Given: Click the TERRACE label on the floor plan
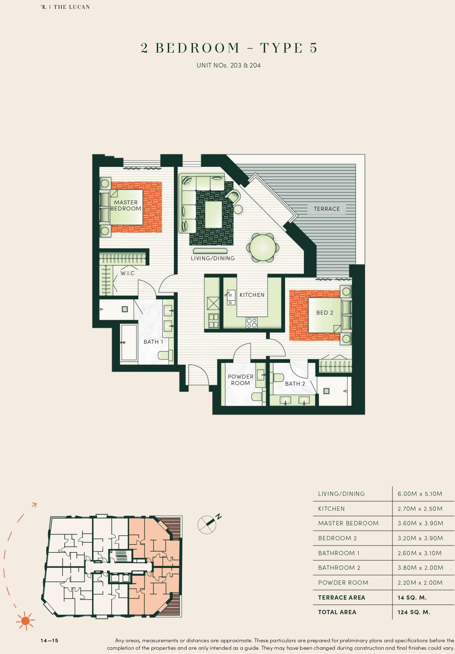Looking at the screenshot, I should [x=327, y=209].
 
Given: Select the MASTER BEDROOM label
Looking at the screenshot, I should [x=126, y=205].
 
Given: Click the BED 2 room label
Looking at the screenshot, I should [x=325, y=313].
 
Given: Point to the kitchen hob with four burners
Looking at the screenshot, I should [x=252, y=323].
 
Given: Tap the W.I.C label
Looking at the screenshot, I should [x=127, y=273].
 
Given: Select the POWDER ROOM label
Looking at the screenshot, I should [x=241, y=380].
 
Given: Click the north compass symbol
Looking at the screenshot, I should [x=207, y=524].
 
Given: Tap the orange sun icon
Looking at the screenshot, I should [x=25, y=621].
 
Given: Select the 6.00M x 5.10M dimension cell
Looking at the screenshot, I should [x=420, y=494].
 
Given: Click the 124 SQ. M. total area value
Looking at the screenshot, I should [x=414, y=612].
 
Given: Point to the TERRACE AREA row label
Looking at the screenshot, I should [x=341, y=597].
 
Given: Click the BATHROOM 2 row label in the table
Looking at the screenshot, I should [x=339, y=568].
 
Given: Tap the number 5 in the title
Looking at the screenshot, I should [x=313, y=48].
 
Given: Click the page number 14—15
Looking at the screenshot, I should [x=49, y=640].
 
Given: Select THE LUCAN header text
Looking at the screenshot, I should [x=71, y=7].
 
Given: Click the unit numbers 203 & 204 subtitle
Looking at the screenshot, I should [x=229, y=65].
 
